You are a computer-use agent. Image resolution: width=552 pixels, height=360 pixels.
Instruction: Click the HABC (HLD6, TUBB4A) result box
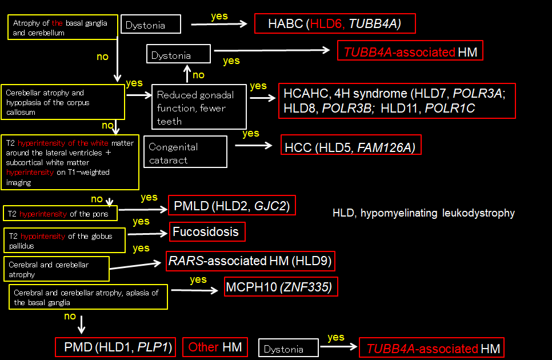pos(335,24)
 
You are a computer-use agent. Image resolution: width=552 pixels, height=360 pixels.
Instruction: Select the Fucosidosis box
pos(208,231)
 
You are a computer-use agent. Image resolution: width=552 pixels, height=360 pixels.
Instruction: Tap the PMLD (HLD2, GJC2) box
pos(232,205)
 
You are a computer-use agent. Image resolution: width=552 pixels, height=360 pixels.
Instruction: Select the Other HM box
pos(215,347)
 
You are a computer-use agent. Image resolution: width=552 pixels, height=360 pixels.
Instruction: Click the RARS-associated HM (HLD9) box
pos(250,261)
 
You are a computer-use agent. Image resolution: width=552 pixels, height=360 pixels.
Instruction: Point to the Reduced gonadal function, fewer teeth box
pos(199,107)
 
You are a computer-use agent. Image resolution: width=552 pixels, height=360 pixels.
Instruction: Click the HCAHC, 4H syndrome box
pos(397,101)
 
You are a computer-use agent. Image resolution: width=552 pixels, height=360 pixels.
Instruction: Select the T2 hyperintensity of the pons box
pos(59,214)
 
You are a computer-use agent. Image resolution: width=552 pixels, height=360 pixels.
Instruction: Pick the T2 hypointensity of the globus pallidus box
pos(63,241)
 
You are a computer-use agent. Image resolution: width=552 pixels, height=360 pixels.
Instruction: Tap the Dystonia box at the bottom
pos(288,348)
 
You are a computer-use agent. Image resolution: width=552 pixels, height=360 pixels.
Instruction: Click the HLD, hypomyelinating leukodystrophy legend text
pos(423,213)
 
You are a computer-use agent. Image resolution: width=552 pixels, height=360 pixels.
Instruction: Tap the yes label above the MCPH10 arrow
pos(198,279)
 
